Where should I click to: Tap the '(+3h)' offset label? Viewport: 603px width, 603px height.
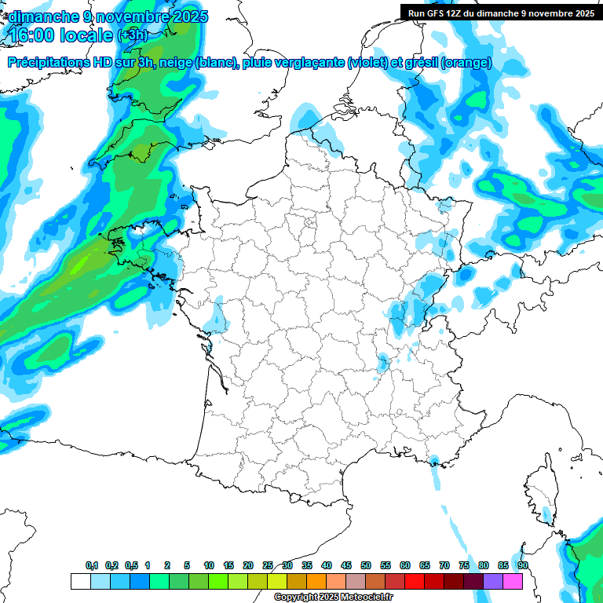click(x=131, y=35)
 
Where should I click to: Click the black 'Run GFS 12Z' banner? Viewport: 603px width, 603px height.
click(x=500, y=13)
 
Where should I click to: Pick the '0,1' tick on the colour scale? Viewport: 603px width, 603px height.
click(x=91, y=565)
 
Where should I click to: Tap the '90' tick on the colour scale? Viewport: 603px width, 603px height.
click(x=522, y=565)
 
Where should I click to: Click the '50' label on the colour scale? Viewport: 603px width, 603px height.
click(x=366, y=565)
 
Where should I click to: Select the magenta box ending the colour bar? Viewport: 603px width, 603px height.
click(x=513, y=581)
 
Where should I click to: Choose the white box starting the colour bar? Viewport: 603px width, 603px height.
click(x=80, y=581)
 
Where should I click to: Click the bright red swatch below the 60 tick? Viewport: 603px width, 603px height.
click(x=415, y=581)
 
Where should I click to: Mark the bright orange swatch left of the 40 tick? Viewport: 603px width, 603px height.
click(x=316, y=581)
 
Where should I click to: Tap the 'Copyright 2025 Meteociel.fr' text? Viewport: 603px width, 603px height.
click(x=333, y=597)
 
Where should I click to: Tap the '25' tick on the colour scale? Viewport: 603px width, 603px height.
click(x=268, y=565)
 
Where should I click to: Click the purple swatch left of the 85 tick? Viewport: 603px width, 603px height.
click(x=493, y=581)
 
